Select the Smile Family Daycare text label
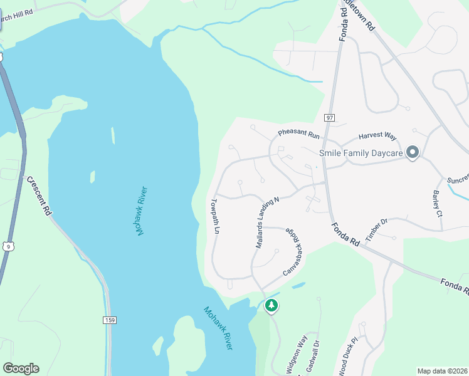pos(361,153)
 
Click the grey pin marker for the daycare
pos(412,152)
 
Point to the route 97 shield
pos(330,118)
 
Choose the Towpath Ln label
pos(215,216)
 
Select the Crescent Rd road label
pos(39,196)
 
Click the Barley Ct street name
pos(438,204)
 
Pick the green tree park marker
pos(271,305)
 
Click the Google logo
pos(21,368)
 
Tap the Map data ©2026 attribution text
pos(441,371)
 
